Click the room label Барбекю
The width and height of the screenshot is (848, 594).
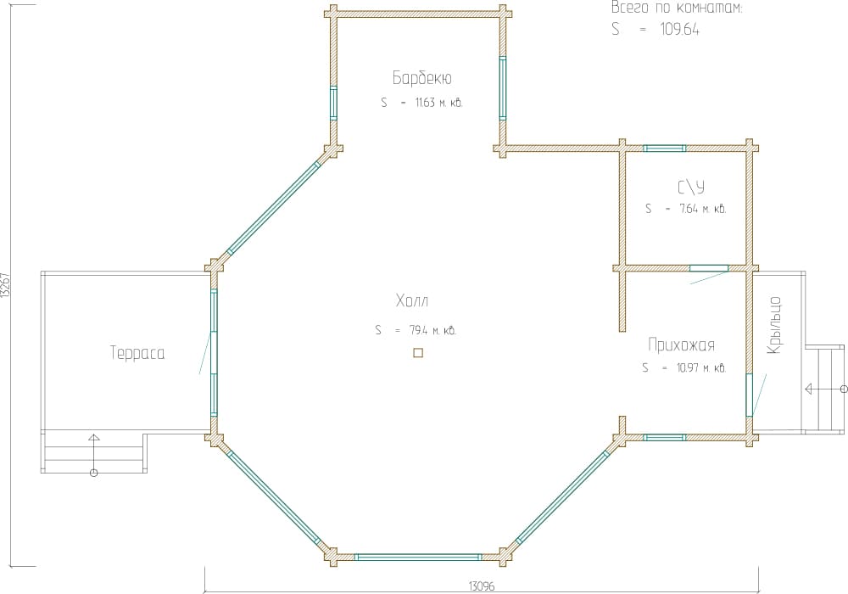tap(421, 78)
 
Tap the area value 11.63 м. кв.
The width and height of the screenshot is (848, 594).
tap(438, 103)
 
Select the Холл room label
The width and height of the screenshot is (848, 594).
tap(412, 300)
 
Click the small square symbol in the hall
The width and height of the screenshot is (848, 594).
tap(418, 353)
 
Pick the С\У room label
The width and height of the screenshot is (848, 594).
tap(691, 188)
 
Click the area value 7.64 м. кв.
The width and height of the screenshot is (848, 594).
tap(702, 209)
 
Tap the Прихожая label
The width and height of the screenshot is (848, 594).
tap(682, 345)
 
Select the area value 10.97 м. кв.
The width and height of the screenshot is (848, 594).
tap(701, 368)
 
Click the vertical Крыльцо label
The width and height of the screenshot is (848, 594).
tap(774, 325)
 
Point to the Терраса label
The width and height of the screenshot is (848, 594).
tap(137, 353)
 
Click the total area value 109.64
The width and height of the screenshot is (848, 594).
tap(680, 29)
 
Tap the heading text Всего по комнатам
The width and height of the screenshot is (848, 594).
tap(677, 8)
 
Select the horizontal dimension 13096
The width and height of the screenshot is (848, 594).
tap(482, 586)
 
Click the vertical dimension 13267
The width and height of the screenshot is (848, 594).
tap(5, 284)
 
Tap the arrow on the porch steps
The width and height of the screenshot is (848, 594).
tap(826, 389)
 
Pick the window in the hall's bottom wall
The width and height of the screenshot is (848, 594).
tap(418, 557)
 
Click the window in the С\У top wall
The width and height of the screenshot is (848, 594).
tap(664, 148)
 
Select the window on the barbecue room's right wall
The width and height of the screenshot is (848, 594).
tap(502, 87)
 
